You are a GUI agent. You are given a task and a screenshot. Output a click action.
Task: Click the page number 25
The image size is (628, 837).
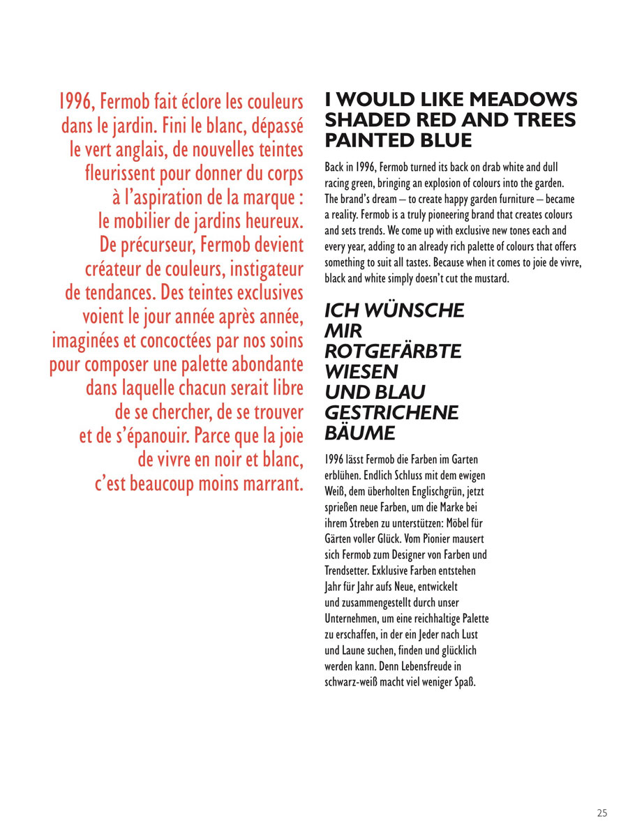pyautogui.click(x=602, y=812)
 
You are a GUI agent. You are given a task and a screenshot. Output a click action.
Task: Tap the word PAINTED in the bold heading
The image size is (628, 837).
pyautogui.click(x=370, y=139)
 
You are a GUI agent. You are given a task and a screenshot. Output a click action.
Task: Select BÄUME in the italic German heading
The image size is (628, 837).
pyautogui.click(x=361, y=434)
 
